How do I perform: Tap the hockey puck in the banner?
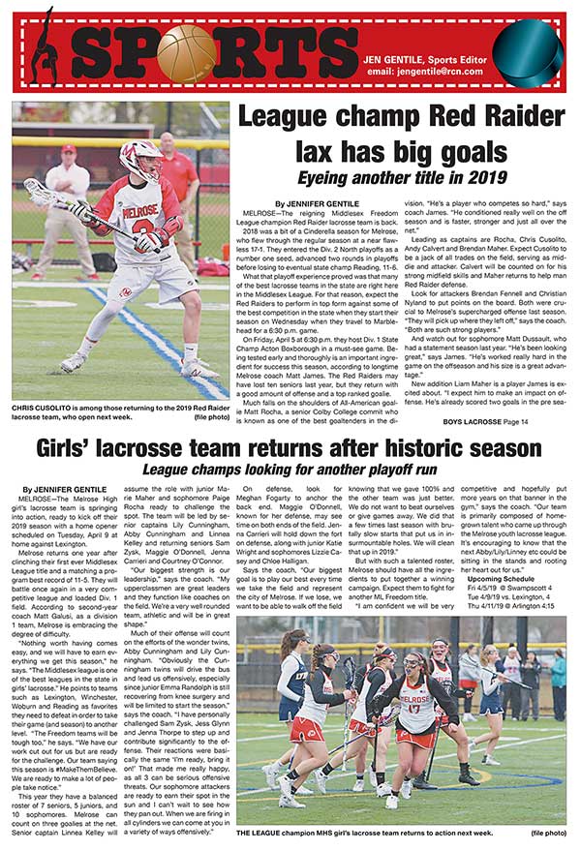pos(528,45)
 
